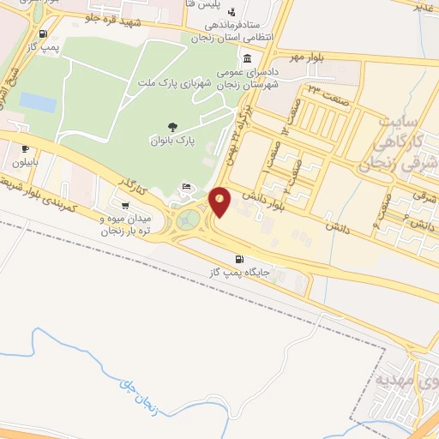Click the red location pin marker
point(219,201)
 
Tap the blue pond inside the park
point(38,102)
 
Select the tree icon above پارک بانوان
point(173,126)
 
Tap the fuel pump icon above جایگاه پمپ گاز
point(238,259)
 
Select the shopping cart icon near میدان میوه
point(126,206)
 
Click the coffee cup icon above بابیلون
point(25,147)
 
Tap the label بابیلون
point(22,160)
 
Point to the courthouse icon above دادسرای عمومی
point(247,59)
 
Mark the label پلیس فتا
point(216,5)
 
